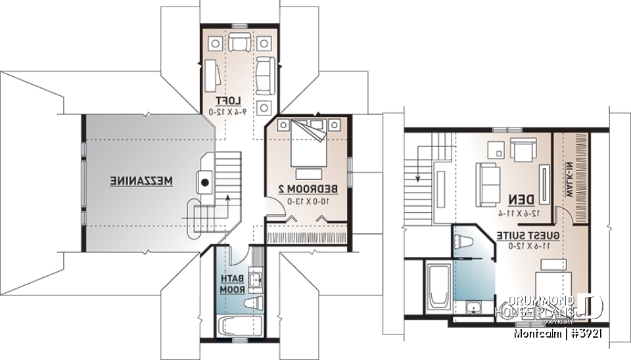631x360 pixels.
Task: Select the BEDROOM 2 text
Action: click(308, 189)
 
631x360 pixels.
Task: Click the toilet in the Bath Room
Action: click(252, 303)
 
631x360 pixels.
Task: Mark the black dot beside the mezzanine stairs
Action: click(205, 183)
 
